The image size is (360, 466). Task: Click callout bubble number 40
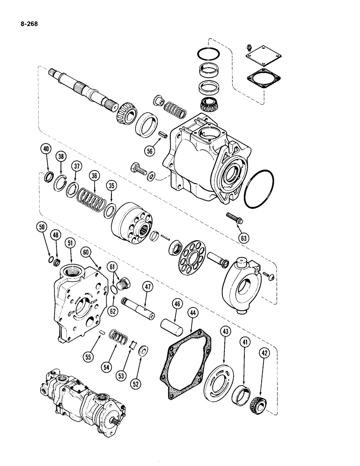click(45, 150)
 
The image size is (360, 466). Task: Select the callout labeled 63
click(243, 238)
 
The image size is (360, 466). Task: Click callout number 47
click(148, 288)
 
